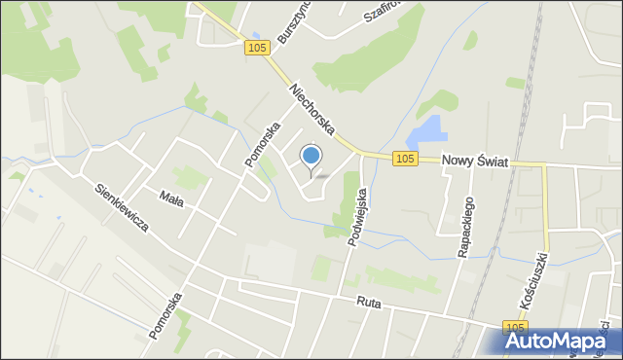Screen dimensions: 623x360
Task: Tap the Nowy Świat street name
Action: pyautogui.click(x=474, y=162)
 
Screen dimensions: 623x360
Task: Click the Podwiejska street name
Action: pyautogui.click(x=357, y=218)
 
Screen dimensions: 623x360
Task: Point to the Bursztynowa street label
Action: pyautogui.click(x=289, y=24)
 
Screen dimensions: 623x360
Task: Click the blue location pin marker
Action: pyautogui.click(x=311, y=156)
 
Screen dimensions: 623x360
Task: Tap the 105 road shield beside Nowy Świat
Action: pyautogui.click(x=406, y=159)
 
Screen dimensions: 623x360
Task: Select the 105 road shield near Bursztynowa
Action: pyautogui.click(x=256, y=49)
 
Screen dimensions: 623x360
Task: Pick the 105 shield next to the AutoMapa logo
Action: pyautogui.click(x=516, y=328)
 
